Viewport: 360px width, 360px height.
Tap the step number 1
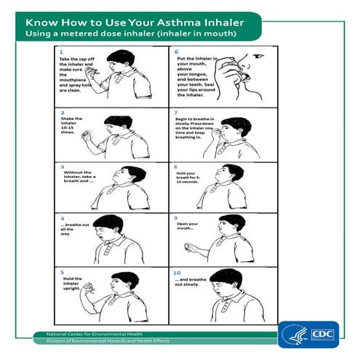tap(60, 52)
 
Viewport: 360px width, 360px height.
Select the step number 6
tap(176, 52)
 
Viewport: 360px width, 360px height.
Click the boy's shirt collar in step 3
tap(119, 191)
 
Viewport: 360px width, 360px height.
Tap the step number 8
tap(176, 166)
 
